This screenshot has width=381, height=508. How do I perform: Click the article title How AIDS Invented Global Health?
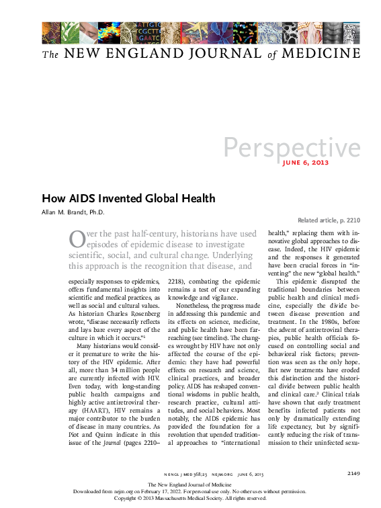(128, 198)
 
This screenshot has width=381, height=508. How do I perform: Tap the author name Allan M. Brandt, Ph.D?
(73, 212)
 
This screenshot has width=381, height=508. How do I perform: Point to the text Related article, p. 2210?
(329, 220)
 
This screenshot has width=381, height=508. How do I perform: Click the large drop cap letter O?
(77, 238)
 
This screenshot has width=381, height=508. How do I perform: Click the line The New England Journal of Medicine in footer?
(190, 484)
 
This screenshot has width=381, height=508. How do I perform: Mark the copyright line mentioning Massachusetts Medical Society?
(190, 498)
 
